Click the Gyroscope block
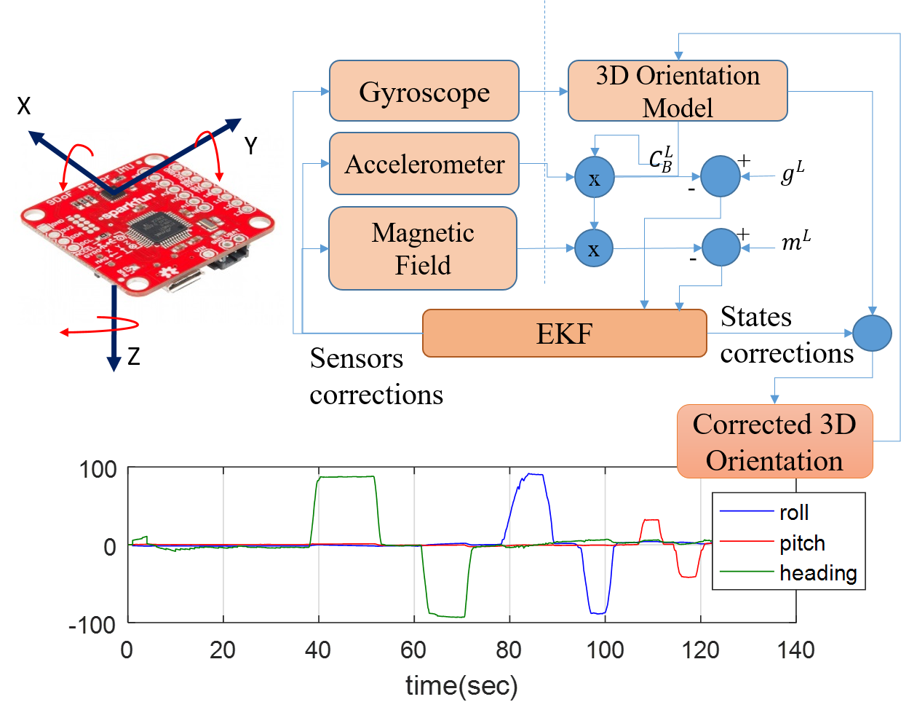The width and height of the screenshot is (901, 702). pos(424,91)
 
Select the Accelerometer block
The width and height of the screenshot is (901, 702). pos(424,164)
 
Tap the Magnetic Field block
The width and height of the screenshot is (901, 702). pos(423,248)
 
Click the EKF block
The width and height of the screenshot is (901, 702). pos(564,334)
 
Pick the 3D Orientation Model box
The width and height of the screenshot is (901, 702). pos(677,91)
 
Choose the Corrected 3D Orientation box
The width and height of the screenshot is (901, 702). pos(774,442)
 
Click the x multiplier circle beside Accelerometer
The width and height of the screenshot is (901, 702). pos(595,178)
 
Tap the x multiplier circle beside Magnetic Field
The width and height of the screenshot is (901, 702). pos(594,248)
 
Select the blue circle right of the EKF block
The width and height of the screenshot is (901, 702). pos(872,333)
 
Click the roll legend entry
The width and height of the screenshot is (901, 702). pos(793,513)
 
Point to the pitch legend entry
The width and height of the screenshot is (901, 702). pos(801,543)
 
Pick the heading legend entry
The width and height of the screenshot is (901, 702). pos(817,573)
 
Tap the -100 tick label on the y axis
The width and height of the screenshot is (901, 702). pos(92,624)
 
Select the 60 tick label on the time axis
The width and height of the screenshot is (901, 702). pos(413,650)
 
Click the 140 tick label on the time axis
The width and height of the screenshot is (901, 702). pos(795,650)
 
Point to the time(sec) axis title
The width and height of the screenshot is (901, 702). pos(461,685)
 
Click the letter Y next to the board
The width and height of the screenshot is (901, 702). pos(251,146)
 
